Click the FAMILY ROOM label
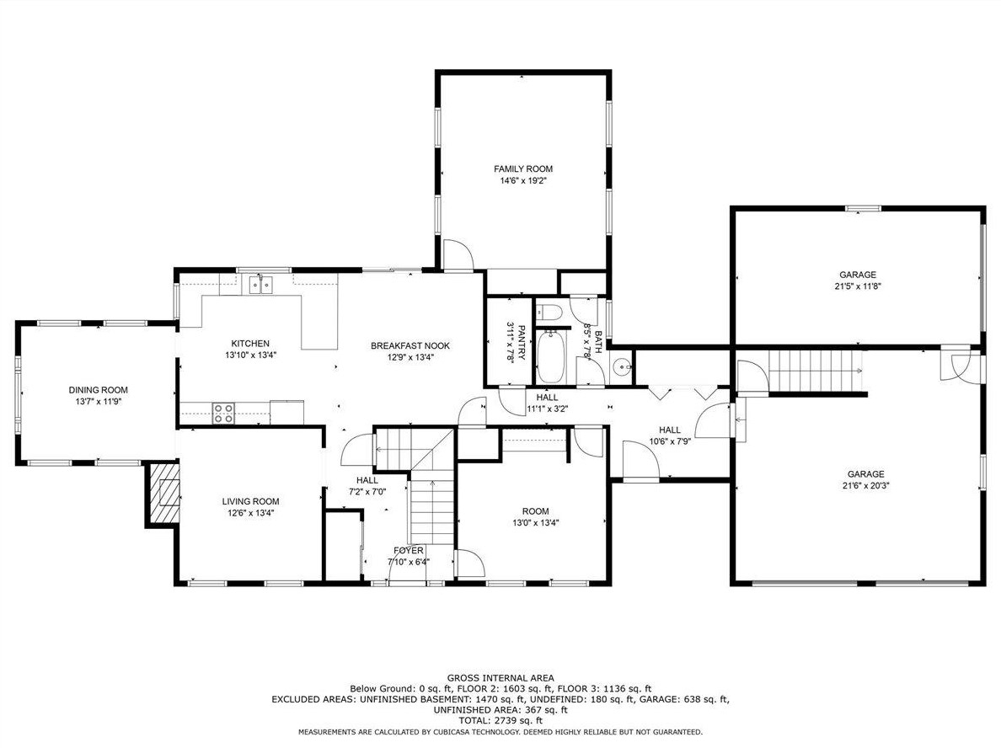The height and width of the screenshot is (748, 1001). (523, 169)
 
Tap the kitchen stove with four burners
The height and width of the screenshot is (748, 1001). (222, 413)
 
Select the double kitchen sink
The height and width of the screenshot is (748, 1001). (261, 283)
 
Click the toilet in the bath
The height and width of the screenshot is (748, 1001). (550, 313)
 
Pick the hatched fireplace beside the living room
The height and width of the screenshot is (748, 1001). (165, 494)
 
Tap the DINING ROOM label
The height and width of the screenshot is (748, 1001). (99, 390)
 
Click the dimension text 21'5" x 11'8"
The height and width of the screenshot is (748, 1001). (858, 286)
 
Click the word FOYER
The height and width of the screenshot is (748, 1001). (409, 551)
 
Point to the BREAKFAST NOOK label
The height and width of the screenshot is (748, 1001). (410, 346)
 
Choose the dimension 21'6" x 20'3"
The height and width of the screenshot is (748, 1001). (865, 485)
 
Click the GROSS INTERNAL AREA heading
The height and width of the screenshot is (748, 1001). (500, 678)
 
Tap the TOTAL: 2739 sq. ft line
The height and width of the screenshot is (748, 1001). (500, 720)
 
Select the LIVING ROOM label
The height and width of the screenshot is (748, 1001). (251, 502)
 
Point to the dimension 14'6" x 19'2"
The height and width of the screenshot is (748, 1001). (523, 180)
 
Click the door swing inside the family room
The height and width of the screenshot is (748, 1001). (457, 254)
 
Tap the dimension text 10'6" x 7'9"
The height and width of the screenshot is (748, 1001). (670, 441)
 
